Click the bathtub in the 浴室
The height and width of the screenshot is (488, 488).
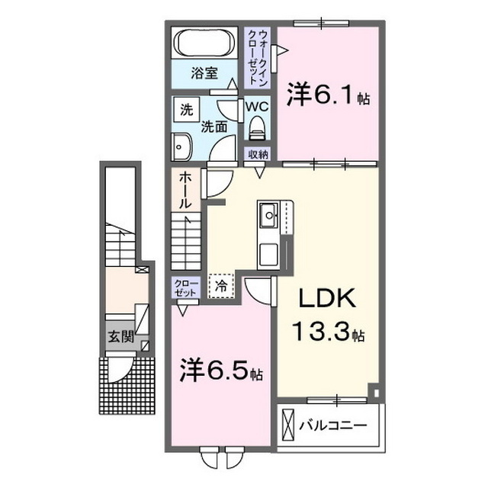(204, 43)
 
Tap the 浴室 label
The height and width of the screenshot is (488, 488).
(204, 74)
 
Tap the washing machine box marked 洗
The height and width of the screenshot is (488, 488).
(186, 109)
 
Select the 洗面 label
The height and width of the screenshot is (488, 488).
(214, 127)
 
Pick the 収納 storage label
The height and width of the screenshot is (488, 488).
(258, 155)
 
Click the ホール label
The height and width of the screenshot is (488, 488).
(185, 191)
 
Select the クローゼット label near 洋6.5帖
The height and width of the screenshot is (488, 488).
(184, 289)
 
